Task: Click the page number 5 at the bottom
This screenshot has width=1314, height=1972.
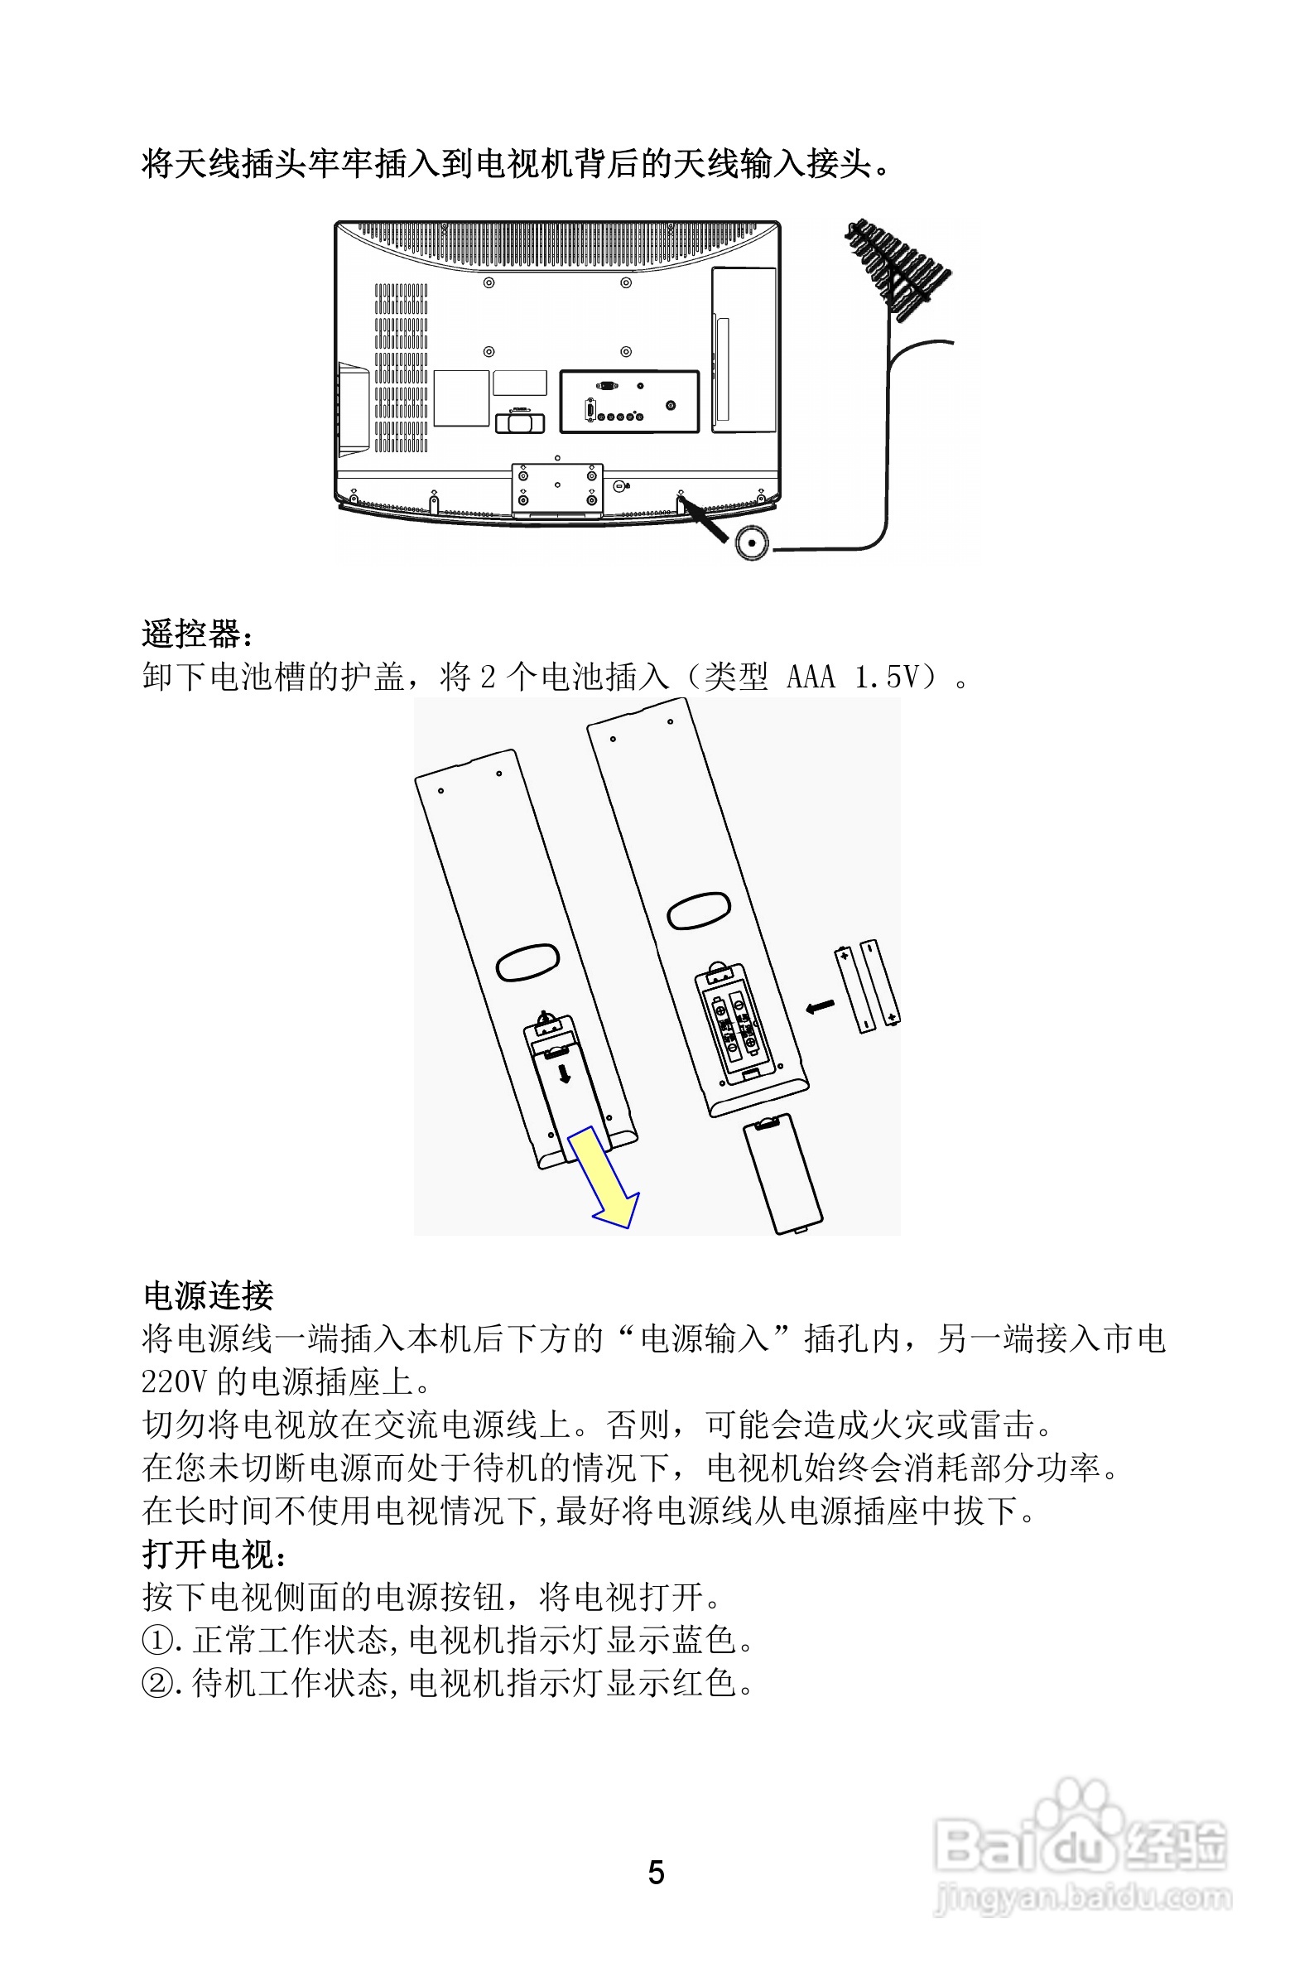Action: point(656,1873)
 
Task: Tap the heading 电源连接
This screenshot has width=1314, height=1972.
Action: point(208,1295)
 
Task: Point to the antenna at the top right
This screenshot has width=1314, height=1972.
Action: point(897,268)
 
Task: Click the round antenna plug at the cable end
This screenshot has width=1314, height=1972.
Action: point(752,542)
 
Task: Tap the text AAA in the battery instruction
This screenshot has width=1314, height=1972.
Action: point(811,677)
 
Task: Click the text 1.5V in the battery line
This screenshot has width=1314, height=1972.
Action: point(888,677)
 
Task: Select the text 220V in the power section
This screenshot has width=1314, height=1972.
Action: point(174,1382)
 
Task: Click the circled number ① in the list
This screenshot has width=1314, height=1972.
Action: point(156,1641)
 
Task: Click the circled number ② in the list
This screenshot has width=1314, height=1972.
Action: point(156,1684)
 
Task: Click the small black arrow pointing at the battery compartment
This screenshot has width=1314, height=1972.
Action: point(820,1005)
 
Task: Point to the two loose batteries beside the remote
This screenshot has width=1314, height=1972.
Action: point(868,986)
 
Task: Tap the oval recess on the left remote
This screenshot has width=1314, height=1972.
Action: point(528,962)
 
